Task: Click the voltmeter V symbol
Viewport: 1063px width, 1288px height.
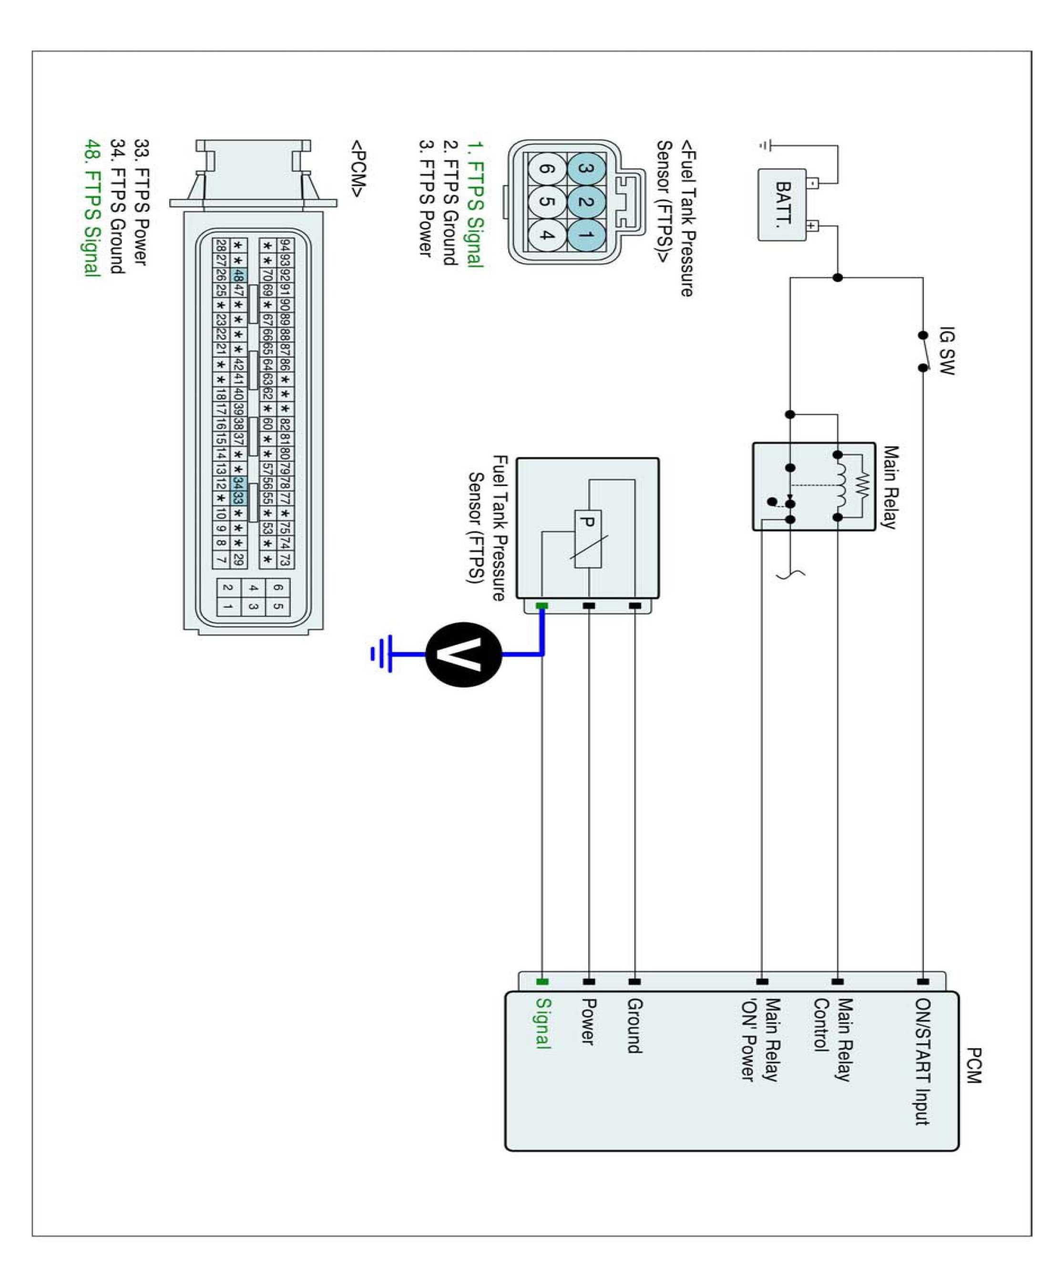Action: click(463, 654)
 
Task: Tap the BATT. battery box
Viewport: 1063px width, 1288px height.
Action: click(782, 205)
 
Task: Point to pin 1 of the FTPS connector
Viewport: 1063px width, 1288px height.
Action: click(586, 235)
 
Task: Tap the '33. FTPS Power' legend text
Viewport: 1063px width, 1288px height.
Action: click(141, 202)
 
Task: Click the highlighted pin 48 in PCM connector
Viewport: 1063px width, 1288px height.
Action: click(239, 275)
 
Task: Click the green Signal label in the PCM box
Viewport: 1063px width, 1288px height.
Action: click(543, 1023)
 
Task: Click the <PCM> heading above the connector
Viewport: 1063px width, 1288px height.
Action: click(358, 168)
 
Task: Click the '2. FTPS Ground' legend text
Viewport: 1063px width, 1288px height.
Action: click(450, 203)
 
